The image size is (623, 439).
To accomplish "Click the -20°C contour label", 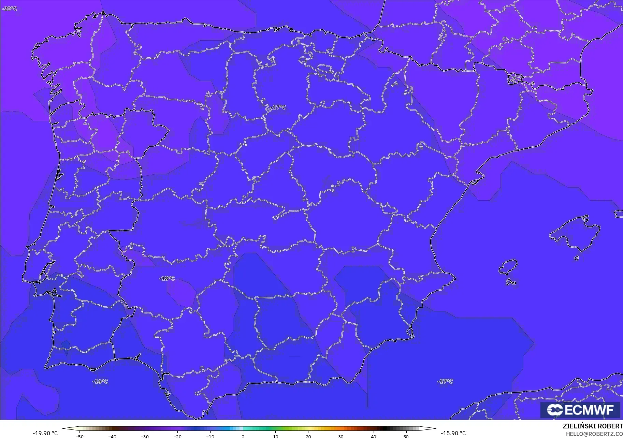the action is point(10,9).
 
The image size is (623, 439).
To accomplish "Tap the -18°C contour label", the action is point(167,278).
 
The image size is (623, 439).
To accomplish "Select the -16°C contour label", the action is point(100,381).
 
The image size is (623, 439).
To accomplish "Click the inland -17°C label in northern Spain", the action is point(279,107).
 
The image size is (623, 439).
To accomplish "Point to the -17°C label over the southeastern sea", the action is point(445,381).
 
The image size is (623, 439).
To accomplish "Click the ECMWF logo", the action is point(580,410).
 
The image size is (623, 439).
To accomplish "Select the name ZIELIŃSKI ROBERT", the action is point(593,426).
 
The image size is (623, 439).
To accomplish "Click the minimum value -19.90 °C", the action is point(45,433).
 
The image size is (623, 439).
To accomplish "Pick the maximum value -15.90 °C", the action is point(453,433).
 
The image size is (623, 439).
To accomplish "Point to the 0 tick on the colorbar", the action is point(243,437).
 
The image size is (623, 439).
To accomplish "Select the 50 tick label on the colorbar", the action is point(406,437).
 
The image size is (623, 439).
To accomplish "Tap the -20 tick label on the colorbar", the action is point(177,437).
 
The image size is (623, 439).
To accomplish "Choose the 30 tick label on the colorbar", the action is point(341,437).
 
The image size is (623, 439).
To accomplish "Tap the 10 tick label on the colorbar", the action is point(276,437).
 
